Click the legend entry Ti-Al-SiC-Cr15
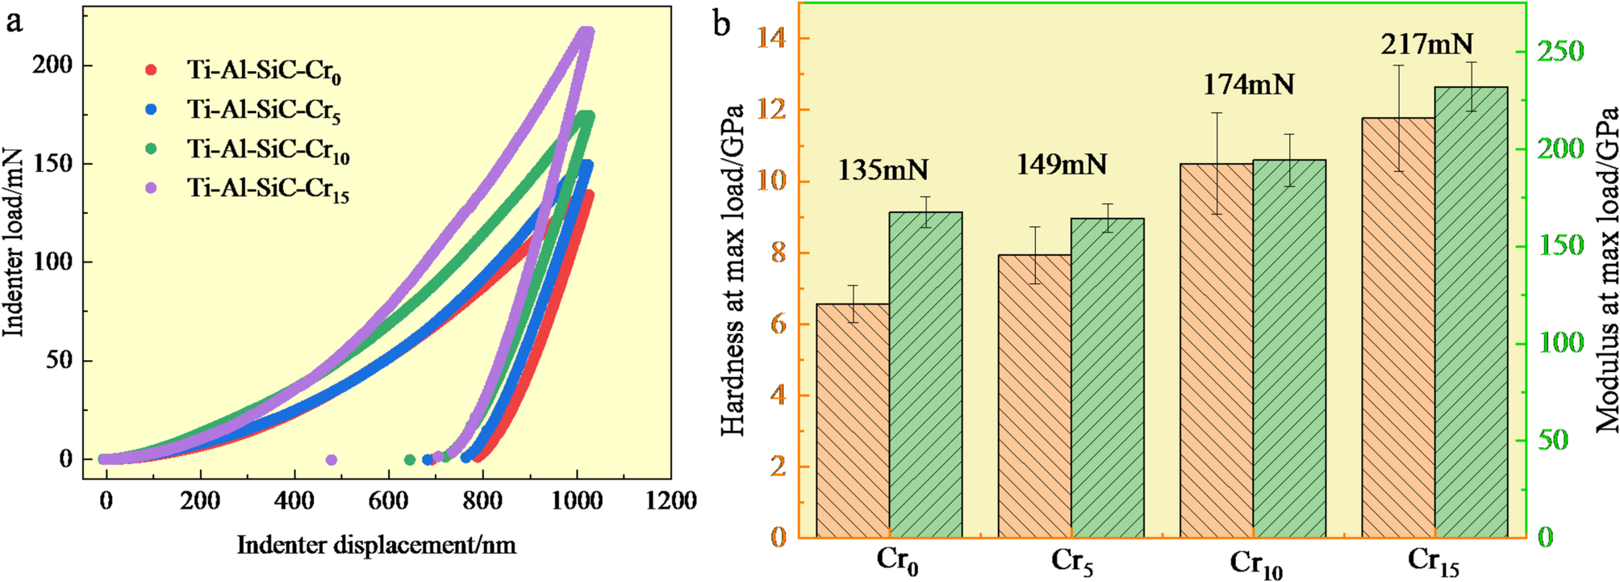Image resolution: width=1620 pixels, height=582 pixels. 268,189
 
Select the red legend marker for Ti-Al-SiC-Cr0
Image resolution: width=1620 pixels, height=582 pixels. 151,69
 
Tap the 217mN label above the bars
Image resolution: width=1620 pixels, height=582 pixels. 1426,44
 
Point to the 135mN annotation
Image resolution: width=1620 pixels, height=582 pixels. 883,170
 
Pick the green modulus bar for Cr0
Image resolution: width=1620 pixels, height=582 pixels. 925,375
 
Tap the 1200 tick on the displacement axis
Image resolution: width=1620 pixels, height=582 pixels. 671,501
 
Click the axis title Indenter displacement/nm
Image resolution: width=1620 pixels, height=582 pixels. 376,545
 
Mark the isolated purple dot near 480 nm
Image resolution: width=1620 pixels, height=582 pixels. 331,460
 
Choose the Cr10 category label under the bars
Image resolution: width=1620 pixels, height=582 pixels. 1255,563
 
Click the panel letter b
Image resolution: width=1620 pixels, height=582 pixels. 721,24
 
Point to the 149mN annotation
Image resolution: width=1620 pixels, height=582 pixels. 1061,165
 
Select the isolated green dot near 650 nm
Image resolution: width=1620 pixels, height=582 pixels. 409,460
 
